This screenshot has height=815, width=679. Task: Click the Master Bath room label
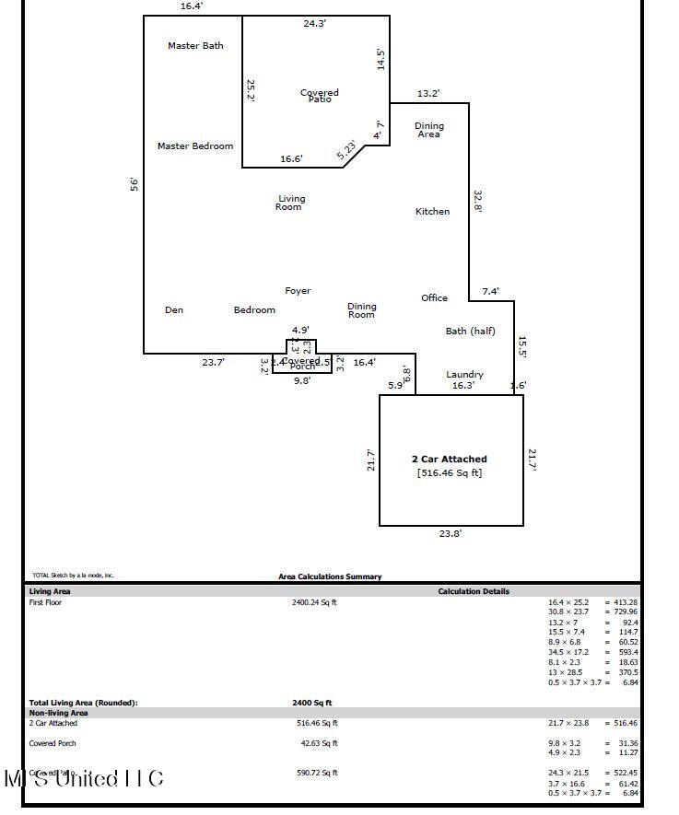pos(195,46)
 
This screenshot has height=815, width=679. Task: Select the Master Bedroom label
pos(195,146)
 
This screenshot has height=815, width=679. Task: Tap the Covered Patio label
pos(320,95)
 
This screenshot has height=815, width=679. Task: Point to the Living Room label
pos(289,203)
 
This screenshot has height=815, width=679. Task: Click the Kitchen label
pos(432,212)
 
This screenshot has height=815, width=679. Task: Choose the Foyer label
pos(298,291)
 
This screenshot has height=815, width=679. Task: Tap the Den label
pos(174,310)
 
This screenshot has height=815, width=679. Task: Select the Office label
pos(434,298)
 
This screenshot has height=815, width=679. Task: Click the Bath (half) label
pos(470,332)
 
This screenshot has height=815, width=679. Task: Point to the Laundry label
pos(464,375)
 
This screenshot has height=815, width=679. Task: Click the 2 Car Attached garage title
pos(449,459)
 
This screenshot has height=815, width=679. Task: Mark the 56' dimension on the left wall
pos(134,184)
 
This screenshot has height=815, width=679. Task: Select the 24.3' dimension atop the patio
pos(314,24)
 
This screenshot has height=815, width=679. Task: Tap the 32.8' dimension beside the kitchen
pos(478,201)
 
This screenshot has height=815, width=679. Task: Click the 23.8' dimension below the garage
pos(451,533)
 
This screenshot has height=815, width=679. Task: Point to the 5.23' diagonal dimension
pos(346,150)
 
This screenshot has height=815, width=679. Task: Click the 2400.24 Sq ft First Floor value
pos(314,603)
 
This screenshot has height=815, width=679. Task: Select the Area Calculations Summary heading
pos(330,577)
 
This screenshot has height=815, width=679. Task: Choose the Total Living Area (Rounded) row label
pos(83,703)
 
